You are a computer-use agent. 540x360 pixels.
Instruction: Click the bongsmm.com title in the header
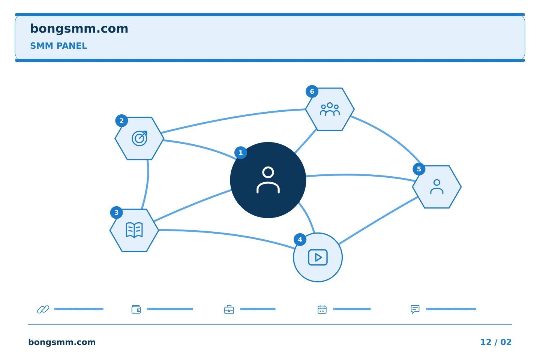pos(79,29)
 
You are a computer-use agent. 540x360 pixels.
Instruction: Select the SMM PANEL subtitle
pos(58,46)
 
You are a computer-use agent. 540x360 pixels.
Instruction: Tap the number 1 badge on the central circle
pos(241,153)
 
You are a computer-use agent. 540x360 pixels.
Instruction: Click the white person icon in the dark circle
pos(268,180)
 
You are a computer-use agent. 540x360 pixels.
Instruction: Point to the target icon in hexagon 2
pos(139,138)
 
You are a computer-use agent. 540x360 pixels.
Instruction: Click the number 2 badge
pos(121,121)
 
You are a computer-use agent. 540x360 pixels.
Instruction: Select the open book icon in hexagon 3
pos(134,230)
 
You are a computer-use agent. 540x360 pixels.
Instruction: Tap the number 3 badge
pos(116,212)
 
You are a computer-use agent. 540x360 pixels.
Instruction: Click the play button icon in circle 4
pos(318,257)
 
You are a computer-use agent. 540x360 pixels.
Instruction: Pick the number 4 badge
pos(300,239)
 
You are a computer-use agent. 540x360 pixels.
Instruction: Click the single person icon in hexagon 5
pos(436,187)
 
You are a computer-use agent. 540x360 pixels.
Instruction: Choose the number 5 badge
pos(419,169)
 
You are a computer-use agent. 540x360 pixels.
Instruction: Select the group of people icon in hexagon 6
pos(330,109)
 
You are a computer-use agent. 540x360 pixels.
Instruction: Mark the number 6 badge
pos(312,91)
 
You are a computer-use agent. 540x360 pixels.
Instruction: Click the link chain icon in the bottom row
pos(43,309)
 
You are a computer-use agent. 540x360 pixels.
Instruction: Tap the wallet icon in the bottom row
pos(136,309)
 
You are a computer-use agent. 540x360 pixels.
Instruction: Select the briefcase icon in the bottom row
pos(229,309)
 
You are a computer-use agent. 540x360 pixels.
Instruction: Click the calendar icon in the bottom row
pos(322,309)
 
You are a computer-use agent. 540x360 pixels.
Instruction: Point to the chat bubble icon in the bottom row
pos(415,309)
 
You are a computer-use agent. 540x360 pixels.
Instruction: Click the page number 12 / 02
pos(496,342)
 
